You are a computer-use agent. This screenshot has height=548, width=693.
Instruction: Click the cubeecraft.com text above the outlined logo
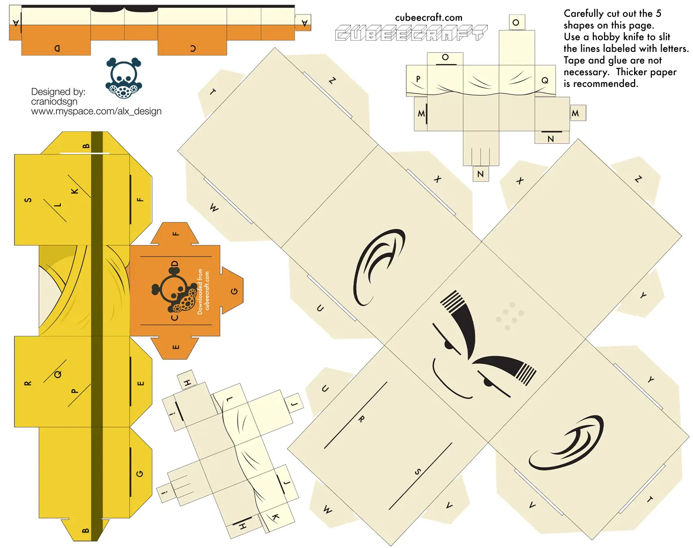click(428, 18)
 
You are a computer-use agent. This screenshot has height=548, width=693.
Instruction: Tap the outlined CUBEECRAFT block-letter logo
click(411, 33)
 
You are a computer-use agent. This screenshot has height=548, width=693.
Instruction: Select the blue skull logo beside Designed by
click(124, 78)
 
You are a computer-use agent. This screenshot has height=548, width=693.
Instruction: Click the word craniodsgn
click(54, 102)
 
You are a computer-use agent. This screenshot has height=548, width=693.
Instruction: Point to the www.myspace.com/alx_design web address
click(96, 111)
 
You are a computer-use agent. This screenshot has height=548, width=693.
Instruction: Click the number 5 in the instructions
click(658, 14)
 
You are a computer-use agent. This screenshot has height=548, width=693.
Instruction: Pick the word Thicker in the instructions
click(631, 72)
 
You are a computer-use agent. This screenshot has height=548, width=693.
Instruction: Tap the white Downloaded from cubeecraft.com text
click(203, 292)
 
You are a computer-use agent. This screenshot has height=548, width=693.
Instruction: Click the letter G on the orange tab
click(234, 291)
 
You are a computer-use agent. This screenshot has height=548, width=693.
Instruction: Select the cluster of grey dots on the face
click(510, 316)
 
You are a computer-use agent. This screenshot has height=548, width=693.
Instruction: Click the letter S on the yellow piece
click(28, 200)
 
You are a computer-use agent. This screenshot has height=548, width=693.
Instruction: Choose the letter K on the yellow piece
click(74, 191)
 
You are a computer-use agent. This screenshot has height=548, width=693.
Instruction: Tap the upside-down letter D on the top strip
click(57, 48)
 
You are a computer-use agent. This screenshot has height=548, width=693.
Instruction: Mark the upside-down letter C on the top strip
click(193, 48)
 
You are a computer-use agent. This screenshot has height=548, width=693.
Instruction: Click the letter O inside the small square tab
click(516, 22)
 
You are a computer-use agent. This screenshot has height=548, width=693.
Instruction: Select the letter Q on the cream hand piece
click(545, 80)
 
